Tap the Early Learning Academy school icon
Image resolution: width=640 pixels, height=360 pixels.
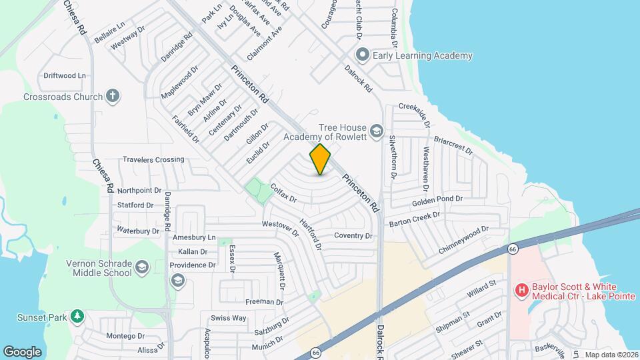coord(363,55)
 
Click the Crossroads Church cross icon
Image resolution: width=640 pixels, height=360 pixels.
coord(113,96)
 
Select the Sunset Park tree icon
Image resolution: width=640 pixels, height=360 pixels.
coord(77,315)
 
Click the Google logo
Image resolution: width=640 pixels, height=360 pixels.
coord(23,351)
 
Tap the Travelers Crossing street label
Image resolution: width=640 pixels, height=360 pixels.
coord(153,159)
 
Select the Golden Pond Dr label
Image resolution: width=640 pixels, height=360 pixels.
coord(437,200)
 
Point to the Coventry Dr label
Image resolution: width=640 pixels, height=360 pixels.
coord(353,235)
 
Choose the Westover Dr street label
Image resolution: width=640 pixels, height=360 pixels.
coord(281,229)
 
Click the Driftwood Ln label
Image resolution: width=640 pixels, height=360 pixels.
coord(65,75)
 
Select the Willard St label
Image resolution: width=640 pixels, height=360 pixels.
coord(482,288)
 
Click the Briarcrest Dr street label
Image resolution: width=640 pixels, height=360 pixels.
coord(453,146)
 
